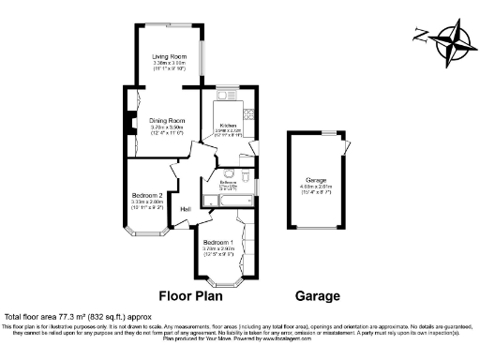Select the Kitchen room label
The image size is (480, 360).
click(228, 125)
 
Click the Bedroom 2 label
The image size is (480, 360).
click(147, 195)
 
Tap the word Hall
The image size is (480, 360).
click(186, 208)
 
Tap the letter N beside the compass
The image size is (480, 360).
click(420, 37)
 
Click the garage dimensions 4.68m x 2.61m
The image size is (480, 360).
click(317, 187)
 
